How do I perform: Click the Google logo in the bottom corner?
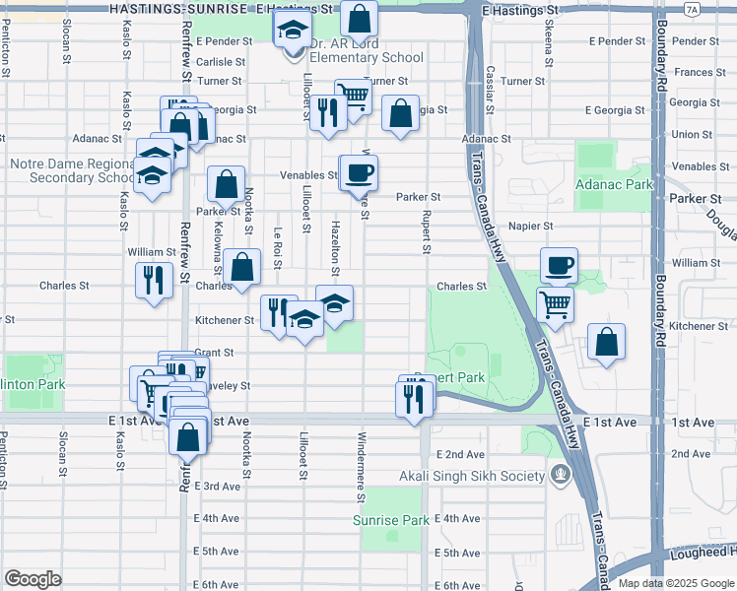[33, 579]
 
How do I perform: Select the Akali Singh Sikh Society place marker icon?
[561, 476]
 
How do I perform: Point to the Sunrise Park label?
[391, 520]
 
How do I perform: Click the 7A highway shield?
[692, 9]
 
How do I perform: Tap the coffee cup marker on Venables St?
[358, 172]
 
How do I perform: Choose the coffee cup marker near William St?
[559, 264]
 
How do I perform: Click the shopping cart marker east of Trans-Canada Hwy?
[556, 304]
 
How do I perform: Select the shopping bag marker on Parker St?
[226, 183]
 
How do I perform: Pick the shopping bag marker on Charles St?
[241, 267]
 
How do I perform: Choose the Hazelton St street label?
[336, 257]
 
